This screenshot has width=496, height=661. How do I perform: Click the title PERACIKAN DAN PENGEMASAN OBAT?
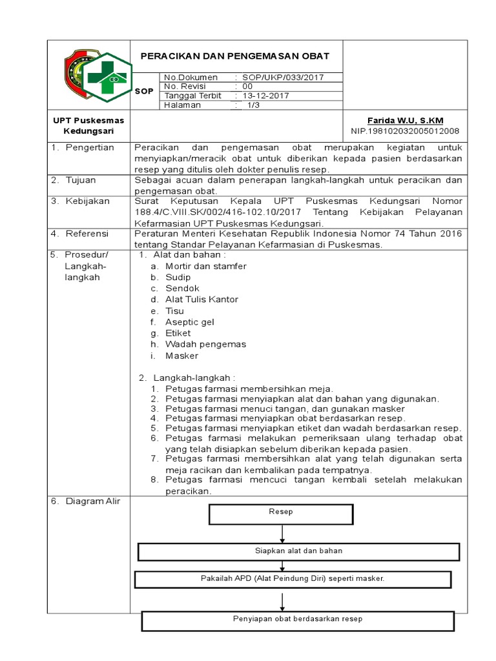click(x=235, y=56)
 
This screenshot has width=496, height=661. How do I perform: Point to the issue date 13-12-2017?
click(x=265, y=96)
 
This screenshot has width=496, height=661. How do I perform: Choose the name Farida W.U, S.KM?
click(x=405, y=121)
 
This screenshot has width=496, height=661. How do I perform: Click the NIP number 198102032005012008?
click(x=405, y=130)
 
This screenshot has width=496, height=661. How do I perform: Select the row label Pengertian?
click(x=91, y=147)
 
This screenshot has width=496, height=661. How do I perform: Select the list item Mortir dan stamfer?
click(x=205, y=266)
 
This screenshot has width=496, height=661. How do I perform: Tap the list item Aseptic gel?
click(x=189, y=322)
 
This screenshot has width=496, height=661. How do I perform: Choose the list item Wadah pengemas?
click(x=205, y=345)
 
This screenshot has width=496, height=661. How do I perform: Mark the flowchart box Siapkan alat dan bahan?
click(x=298, y=551)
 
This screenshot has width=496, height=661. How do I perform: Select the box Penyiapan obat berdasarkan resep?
click(x=297, y=620)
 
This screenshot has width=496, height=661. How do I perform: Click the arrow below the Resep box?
click(x=282, y=533)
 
